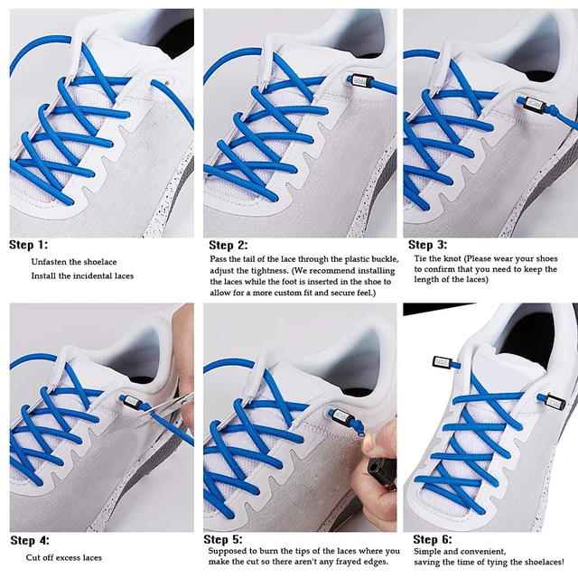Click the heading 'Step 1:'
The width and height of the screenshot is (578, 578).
(28, 245)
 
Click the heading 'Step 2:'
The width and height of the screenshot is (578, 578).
(228, 245)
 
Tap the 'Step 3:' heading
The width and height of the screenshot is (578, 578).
(427, 245)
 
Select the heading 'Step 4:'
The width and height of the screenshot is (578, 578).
(30, 540)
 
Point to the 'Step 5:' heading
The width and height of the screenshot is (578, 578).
(223, 539)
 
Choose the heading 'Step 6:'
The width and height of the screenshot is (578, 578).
(433, 539)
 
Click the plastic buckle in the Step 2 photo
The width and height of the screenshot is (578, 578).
(361, 80)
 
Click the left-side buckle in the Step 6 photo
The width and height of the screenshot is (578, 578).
(442, 362)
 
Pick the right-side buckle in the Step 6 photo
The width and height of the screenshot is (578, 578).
(555, 401)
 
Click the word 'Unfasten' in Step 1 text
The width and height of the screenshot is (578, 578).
(47, 262)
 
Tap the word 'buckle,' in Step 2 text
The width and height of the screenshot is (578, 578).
(386, 259)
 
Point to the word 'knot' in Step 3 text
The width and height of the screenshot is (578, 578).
(452, 258)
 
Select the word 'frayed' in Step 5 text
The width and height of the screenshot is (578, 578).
(348, 562)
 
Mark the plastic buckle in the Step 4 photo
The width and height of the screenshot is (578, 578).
(132, 401)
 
